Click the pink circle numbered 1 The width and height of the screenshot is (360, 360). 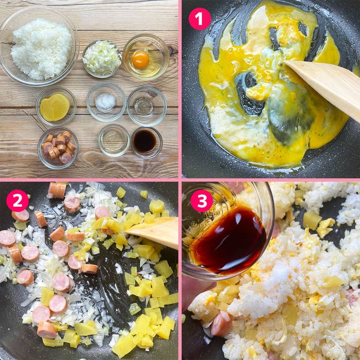click(200, 19)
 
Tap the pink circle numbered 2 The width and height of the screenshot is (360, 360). click(17, 201)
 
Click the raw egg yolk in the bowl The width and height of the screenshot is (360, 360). click(140, 60)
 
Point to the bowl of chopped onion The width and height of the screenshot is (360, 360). click(102, 59)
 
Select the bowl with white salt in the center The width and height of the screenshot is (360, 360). click(106, 102)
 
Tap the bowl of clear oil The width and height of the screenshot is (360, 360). click(114, 140)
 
